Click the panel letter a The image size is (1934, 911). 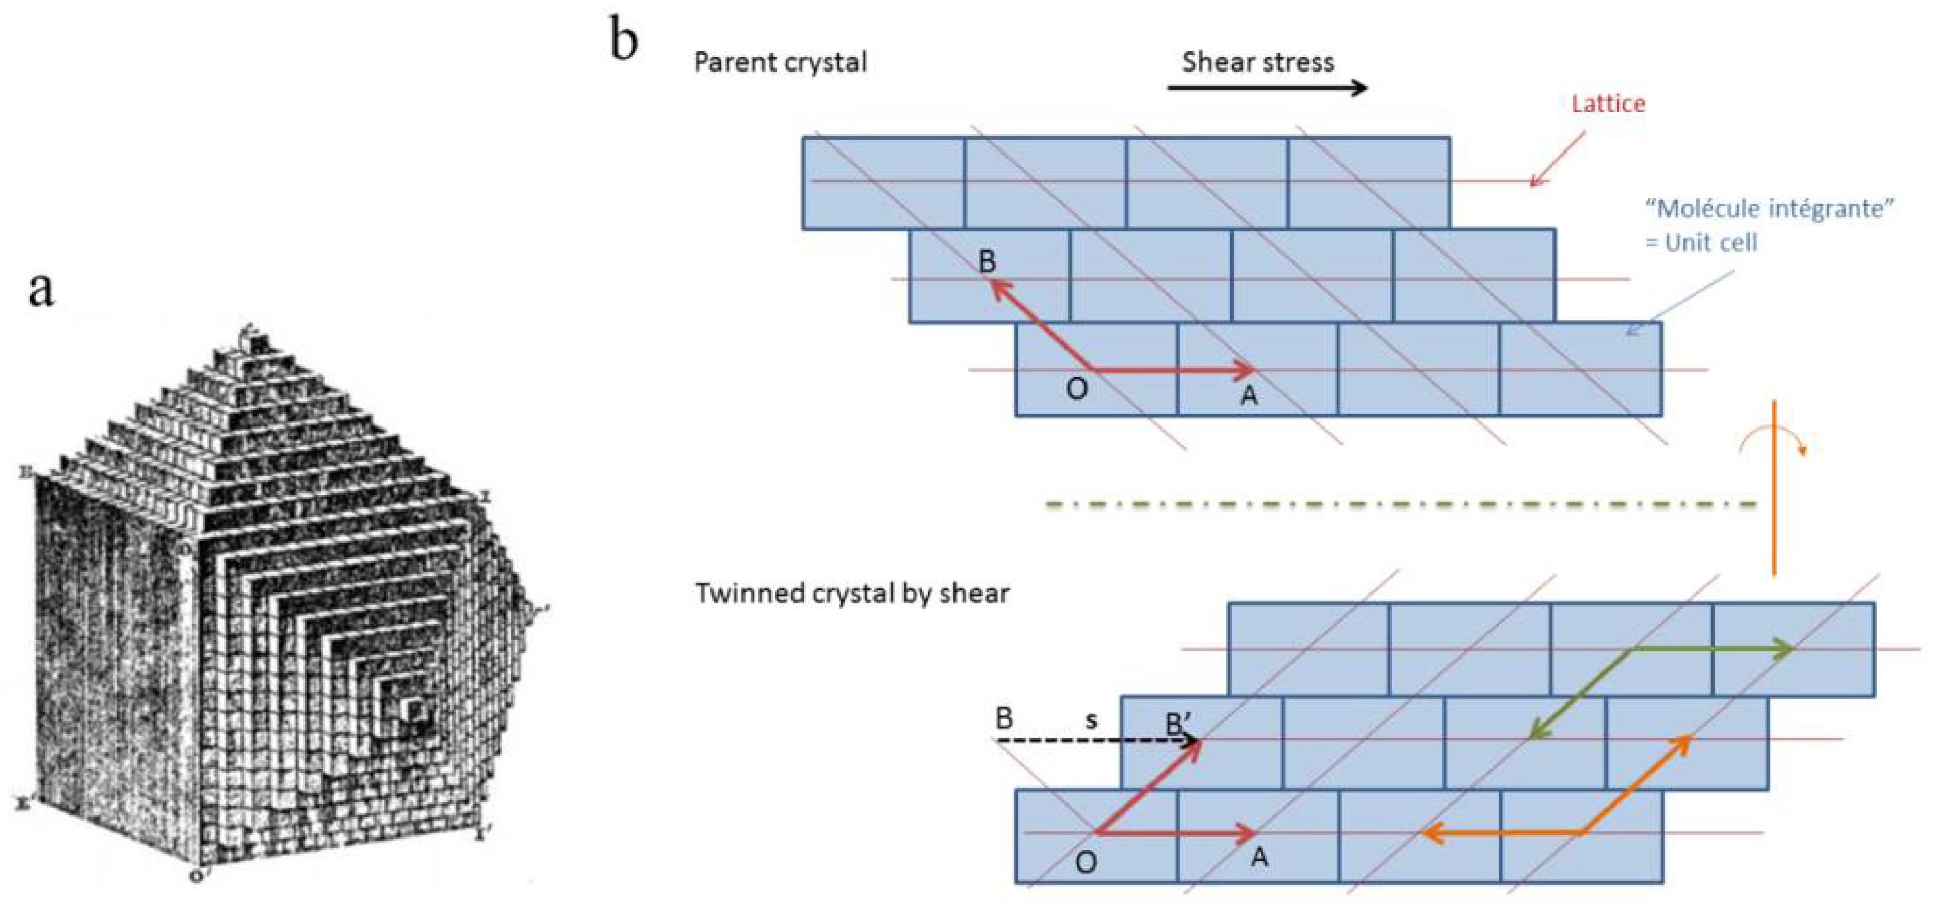point(42,289)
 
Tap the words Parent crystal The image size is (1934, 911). point(780,62)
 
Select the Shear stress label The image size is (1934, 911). point(1257,61)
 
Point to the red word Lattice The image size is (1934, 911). point(1608,103)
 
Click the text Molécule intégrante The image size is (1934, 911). point(1769,208)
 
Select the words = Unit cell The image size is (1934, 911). point(1700,242)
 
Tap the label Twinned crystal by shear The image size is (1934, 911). point(852,594)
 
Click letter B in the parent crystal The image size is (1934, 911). point(987,261)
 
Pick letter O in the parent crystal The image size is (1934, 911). point(1076,389)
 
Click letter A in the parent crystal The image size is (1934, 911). point(1249,395)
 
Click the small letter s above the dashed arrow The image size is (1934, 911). point(1091,721)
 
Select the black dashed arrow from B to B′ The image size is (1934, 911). point(1096,742)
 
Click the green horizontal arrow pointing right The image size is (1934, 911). point(1712,649)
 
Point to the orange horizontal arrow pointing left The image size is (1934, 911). point(1502,832)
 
